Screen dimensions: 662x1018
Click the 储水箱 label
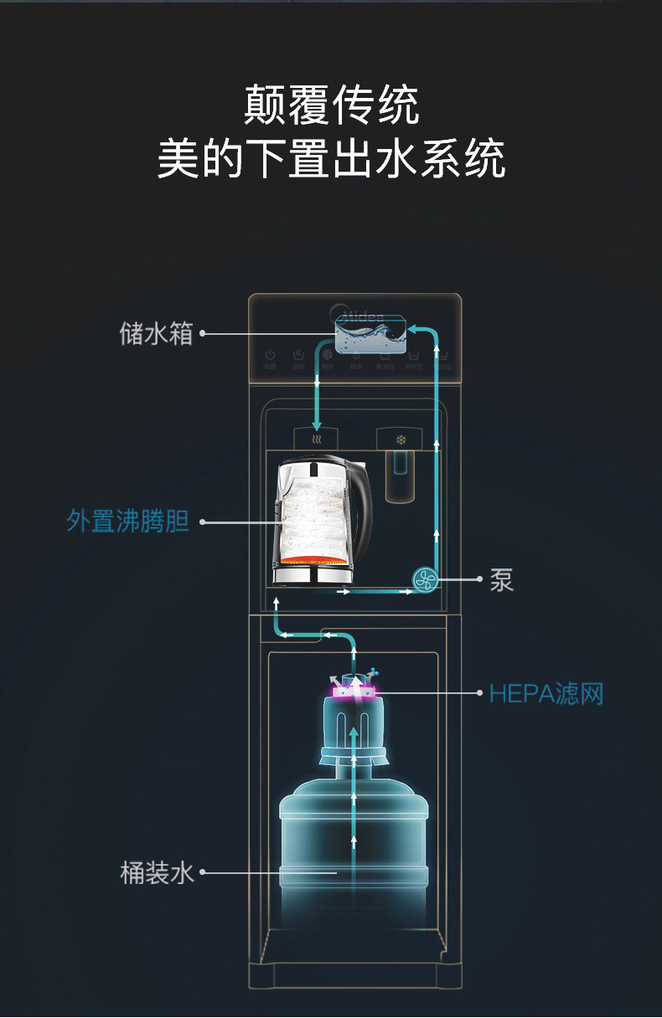[156, 334]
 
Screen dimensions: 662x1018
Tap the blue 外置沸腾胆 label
[128, 522]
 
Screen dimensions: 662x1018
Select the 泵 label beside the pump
[501, 579]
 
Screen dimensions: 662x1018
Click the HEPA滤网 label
[546, 693]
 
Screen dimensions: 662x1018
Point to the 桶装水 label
[157, 873]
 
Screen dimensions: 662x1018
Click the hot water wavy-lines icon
[316, 439]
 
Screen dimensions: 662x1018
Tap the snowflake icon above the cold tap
[400, 439]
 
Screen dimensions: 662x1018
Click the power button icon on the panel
[270, 355]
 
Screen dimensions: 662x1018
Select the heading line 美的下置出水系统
[331, 159]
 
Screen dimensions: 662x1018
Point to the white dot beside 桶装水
[203, 873]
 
